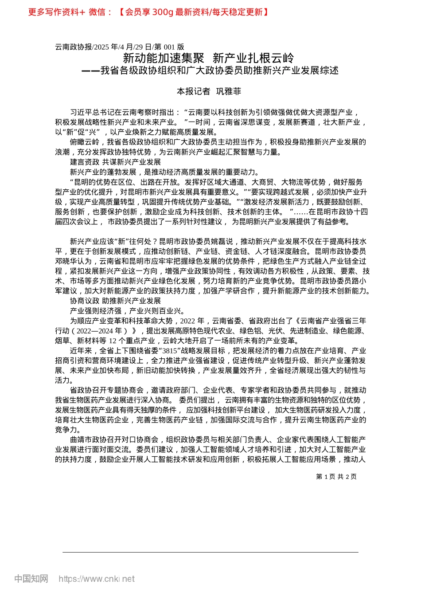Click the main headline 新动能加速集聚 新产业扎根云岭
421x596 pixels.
click(x=208, y=58)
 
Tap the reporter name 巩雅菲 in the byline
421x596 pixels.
click(x=229, y=91)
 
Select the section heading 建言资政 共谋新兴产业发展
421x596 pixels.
click(x=115, y=162)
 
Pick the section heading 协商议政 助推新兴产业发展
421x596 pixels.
click(x=115, y=301)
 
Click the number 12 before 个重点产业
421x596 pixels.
click(x=113, y=341)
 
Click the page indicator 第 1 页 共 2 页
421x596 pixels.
click(x=336, y=477)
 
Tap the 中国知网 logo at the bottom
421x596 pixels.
click(x=31, y=579)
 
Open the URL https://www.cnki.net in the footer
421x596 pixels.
click(x=97, y=579)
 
